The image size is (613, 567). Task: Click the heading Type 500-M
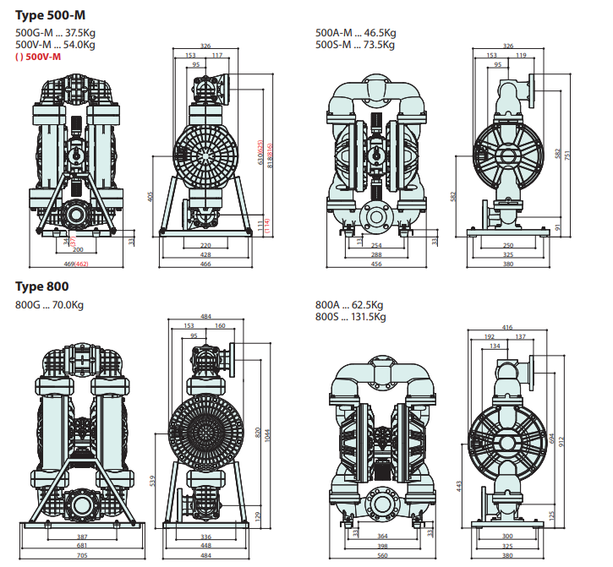pos(51,14)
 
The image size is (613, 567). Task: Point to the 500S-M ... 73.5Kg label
pos(355,46)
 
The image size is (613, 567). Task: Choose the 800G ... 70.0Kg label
pos(50,305)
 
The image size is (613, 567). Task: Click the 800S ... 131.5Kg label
pos(350,317)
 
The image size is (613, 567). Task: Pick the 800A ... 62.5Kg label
pos(349,305)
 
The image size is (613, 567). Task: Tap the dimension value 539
pos(153,480)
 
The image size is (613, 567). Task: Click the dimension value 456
pos(377,264)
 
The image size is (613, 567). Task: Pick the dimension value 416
pos(507,326)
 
